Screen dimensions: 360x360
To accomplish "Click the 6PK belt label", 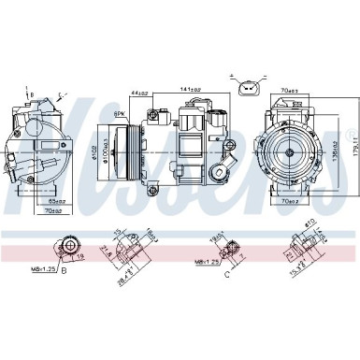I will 121,115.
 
